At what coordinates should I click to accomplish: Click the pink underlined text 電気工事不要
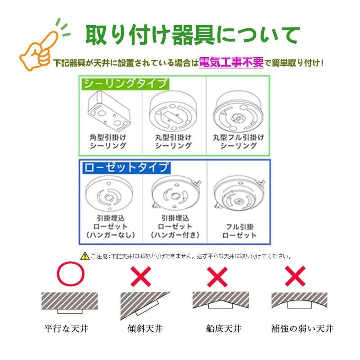click(231, 63)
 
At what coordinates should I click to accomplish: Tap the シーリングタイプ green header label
click(124, 84)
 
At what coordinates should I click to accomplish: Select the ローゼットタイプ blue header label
click(126, 167)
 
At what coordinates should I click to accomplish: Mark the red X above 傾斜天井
click(140, 276)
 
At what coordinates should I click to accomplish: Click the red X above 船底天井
click(218, 276)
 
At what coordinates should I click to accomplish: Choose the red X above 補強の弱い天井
click(295, 276)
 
